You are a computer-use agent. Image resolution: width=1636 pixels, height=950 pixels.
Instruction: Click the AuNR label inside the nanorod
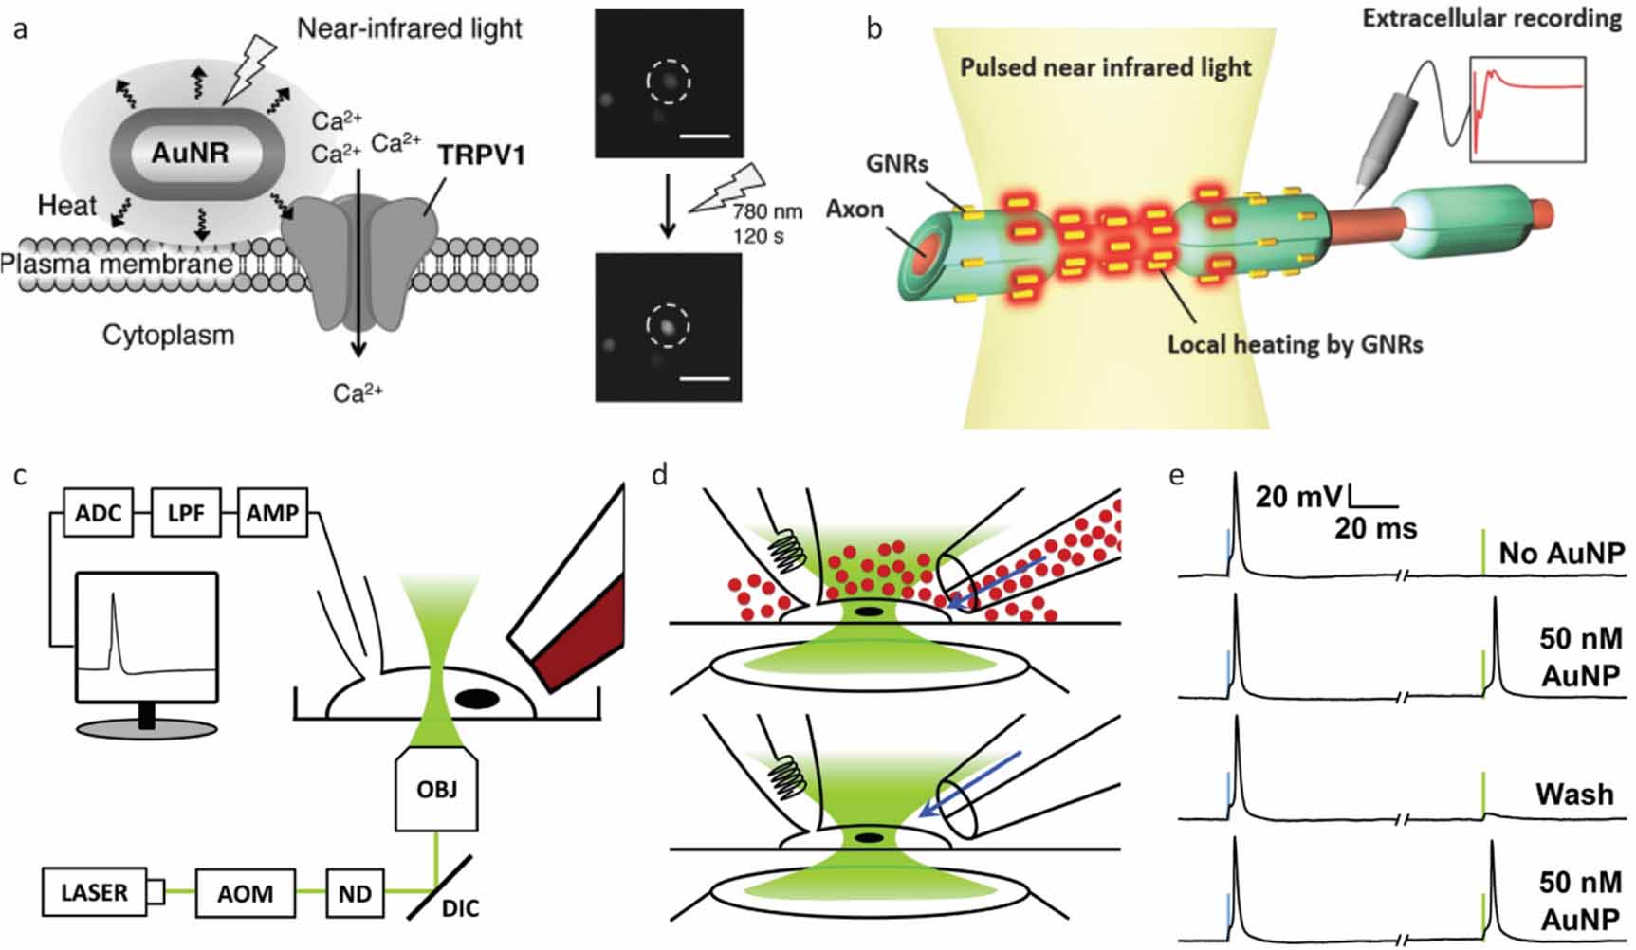pos(190,153)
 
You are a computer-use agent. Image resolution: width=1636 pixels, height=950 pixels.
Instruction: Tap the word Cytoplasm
pos(168,335)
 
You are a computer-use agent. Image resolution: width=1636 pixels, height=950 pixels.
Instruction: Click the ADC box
pos(98,513)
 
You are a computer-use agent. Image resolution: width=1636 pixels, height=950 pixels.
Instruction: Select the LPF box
pos(185,513)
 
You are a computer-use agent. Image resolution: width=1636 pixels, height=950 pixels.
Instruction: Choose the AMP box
pos(272,513)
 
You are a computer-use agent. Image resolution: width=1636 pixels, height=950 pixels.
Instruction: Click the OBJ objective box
pos(436,789)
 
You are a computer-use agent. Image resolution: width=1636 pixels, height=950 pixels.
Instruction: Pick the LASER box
pos(94,893)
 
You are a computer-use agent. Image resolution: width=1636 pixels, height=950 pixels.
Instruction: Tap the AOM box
pos(245,894)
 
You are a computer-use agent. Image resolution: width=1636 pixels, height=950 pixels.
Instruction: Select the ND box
pos(355,894)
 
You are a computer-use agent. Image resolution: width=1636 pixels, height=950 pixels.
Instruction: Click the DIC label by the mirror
pos(460,908)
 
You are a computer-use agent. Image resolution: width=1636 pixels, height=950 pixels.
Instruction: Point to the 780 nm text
pos(766,211)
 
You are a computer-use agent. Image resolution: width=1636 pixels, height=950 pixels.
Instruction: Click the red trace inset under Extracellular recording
pos(1527,108)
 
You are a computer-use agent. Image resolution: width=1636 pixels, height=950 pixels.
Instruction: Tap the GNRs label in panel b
pos(896,164)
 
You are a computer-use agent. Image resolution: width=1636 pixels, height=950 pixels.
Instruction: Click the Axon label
pos(855,209)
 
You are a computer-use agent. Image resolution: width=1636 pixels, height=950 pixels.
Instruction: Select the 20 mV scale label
pos(1298,496)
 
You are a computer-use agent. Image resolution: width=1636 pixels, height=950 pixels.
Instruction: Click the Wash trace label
pos(1574,794)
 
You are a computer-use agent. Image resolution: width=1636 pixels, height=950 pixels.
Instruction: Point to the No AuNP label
pos(1561,553)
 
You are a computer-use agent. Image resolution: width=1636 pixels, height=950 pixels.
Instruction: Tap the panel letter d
pos(661,474)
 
